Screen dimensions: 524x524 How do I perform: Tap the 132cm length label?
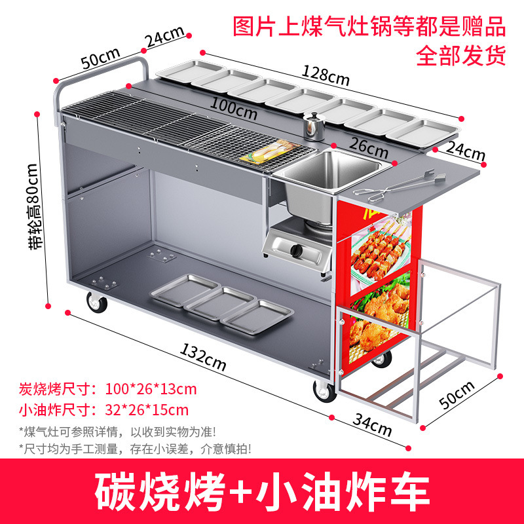coord(203,357)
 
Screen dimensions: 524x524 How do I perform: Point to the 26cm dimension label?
coord(369,148)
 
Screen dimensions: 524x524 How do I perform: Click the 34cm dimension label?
coord(372,425)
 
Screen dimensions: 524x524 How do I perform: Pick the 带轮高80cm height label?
coord(35,206)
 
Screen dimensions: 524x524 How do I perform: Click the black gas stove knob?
coord(296,250)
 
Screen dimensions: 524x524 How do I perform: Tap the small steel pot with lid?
coord(314,126)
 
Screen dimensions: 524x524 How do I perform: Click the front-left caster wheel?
coord(96,302)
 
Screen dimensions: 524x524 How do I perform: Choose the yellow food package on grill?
coord(269,152)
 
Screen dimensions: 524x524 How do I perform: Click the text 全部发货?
coord(460,56)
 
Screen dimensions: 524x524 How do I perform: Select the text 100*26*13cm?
coord(151,389)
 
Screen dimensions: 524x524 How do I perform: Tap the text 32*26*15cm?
coord(147,410)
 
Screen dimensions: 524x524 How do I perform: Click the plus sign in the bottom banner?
coord(240,492)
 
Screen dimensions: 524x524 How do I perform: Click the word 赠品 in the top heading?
coord(483,27)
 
